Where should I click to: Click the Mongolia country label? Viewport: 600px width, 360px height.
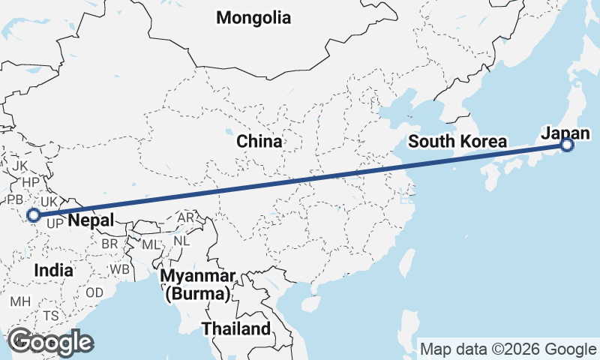253,18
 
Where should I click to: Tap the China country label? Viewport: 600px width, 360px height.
259,141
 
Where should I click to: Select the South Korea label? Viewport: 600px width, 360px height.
458,142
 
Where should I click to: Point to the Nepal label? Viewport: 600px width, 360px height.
91,220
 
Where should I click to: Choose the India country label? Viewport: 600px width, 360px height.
53,270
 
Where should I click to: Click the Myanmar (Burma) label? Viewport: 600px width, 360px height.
196,284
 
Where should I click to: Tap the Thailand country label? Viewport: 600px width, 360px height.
235,328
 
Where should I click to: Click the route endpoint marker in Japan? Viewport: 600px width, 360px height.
568,145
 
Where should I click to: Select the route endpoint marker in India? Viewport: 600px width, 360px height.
33,216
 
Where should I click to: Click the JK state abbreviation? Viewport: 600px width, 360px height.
20,165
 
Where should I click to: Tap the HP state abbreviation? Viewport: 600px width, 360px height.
31,182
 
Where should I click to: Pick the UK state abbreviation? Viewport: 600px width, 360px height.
49,202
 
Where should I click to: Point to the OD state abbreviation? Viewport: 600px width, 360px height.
94,292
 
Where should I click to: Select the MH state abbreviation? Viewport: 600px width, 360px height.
19,301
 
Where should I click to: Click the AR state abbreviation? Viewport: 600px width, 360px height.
185,218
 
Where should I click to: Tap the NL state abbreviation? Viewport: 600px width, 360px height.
181,241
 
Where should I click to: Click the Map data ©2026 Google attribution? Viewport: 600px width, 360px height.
508,349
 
